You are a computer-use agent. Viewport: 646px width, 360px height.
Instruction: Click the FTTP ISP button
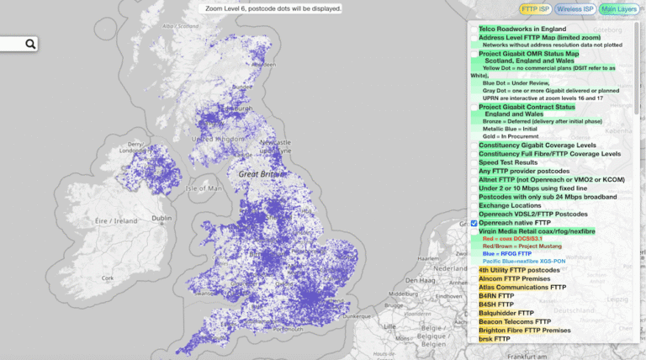point(534,10)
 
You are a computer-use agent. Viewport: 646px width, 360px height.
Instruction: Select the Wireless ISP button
point(578,10)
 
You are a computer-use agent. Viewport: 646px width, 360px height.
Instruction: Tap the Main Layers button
point(621,10)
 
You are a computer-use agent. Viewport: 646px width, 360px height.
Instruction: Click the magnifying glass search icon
point(30,45)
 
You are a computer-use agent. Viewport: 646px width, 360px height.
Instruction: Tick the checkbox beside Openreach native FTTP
point(474,222)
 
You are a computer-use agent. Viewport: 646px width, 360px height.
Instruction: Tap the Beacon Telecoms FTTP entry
point(515,321)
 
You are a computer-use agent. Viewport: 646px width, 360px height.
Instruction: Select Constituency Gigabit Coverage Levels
point(549,146)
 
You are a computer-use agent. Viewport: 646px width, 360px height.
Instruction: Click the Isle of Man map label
point(204,188)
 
